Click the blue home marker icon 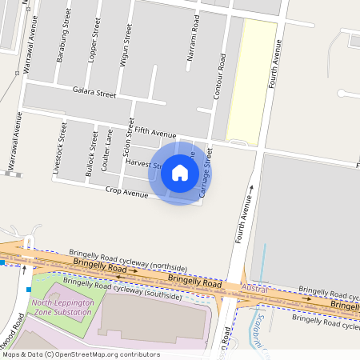coord(180,173)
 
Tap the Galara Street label coord(94,93)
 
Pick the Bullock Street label coord(94,154)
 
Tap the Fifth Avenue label coord(154,131)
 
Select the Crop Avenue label coord(126,192)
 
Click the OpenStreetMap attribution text coord(81,354)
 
